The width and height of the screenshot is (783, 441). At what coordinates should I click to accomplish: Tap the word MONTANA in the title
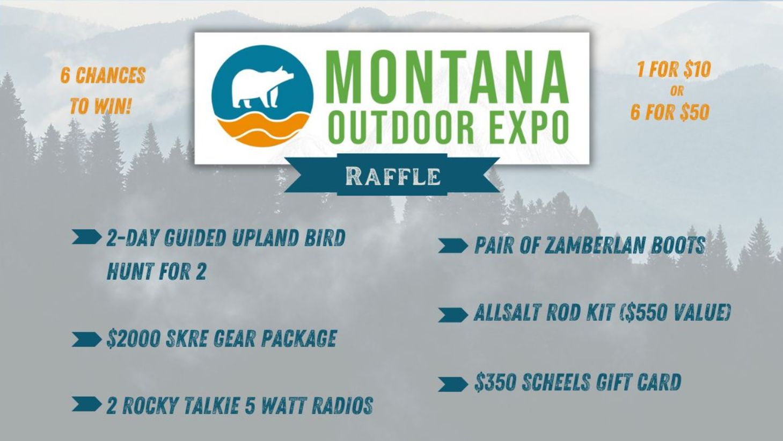click(447, 77)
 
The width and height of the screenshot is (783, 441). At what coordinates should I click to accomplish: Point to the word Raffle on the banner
click(393, 176)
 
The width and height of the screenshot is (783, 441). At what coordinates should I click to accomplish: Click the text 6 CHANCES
click(103, 76)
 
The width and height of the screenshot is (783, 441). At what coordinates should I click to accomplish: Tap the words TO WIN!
click(100, 106)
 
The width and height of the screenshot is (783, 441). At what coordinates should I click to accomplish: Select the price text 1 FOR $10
click(674, 69)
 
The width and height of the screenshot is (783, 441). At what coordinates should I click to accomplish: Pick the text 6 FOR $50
click(670, 112)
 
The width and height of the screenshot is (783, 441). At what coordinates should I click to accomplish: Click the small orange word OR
click(677, 91)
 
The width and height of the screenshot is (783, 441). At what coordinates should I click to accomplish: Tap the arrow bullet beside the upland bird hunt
click(86, 237)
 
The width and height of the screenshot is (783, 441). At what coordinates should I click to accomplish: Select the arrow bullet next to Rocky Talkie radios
click(86, 404)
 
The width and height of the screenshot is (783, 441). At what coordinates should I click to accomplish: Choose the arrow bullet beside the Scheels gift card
click(452, 384)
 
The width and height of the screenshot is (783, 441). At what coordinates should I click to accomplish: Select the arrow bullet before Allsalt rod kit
click(452, 314)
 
